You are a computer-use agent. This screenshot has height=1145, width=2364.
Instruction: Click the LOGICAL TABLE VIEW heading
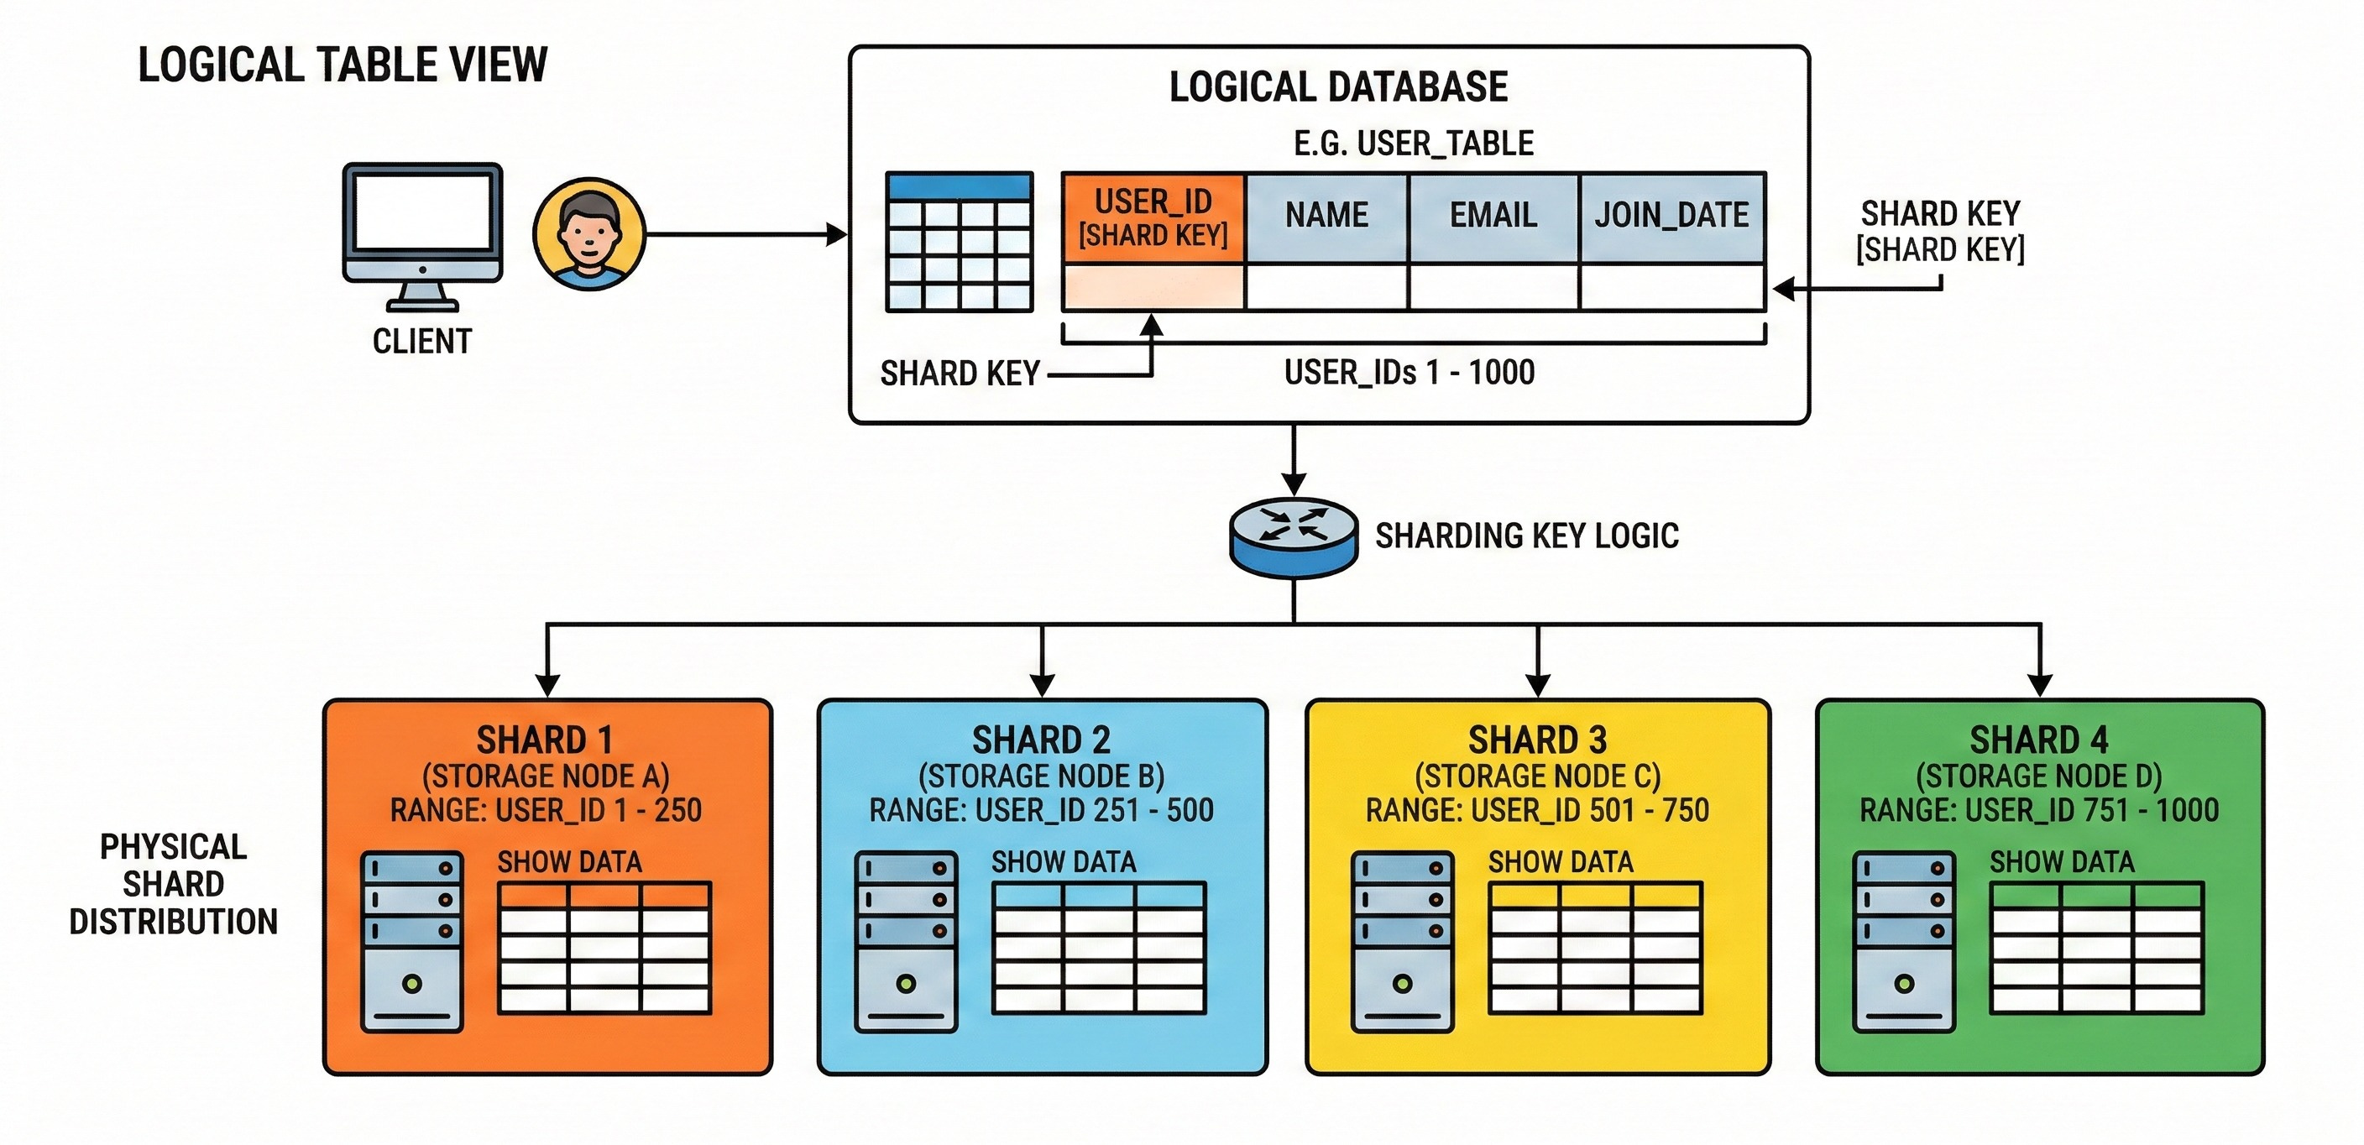coord(343,65)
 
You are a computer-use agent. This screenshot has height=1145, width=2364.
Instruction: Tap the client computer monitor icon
coord(422,238)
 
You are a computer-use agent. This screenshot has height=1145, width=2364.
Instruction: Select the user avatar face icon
coord(589,234)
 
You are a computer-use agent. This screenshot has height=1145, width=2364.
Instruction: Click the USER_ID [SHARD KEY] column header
coord(1153,217)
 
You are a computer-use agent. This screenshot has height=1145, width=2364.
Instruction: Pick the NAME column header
coord(1326,217)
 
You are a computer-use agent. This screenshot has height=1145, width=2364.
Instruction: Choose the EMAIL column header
coord(1493,217)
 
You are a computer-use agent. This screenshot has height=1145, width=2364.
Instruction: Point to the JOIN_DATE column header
coord(1671,217)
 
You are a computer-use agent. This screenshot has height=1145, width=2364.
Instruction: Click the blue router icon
coord(1293,536)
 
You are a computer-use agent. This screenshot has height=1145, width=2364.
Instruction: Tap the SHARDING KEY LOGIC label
coord(1527,536)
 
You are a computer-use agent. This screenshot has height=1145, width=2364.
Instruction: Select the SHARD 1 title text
coord(545,740)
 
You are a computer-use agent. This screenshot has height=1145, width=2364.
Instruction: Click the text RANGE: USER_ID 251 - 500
coord(1042,810)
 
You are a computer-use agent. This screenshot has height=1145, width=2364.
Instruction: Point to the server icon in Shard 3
coord(1402,942)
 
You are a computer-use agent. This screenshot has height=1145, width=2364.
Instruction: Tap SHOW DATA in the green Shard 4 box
coord(2062,862)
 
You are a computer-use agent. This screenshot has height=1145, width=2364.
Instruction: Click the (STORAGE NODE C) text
coord(1537,776)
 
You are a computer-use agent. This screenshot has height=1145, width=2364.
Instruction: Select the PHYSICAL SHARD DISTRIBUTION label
coord(174,885)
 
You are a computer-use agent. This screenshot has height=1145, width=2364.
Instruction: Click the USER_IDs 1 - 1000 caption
coord(1410,373)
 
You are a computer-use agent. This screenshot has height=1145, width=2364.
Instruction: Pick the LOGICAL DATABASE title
coord(1338,87)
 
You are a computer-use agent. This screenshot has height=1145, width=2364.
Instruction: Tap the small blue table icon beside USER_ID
coord(959,243)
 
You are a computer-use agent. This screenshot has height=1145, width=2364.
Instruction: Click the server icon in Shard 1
coord(412,942)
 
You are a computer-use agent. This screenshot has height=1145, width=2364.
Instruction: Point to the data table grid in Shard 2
coord(1099,949)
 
